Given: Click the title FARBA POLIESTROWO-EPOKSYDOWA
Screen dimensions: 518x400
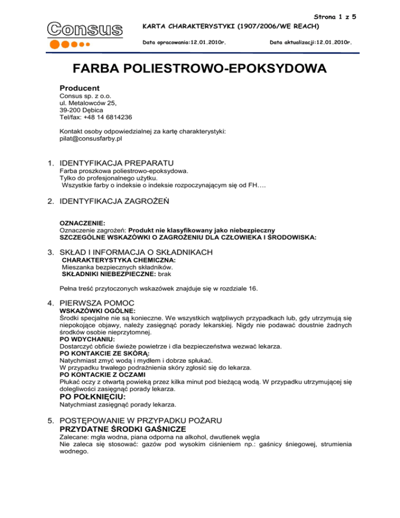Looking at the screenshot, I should [199, 69].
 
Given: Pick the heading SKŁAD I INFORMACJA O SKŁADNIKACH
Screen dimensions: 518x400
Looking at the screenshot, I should [137, 252].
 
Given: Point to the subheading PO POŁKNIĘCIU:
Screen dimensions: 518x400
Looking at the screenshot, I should [94, 396].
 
